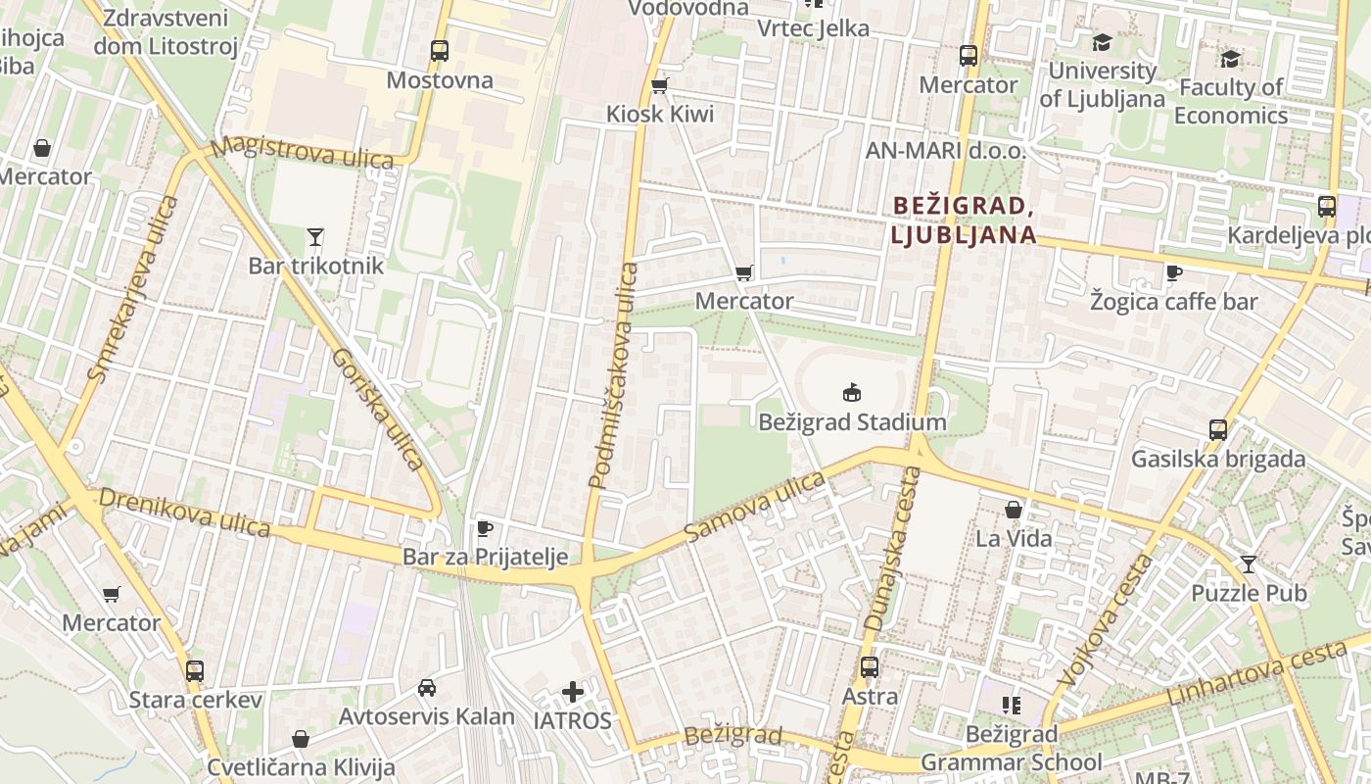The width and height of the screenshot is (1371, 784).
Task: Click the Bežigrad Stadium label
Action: tap(852, 422)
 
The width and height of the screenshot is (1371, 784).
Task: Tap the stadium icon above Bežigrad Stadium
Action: tap(852, 393)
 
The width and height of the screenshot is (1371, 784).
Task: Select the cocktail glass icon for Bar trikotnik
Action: tap(314, 236)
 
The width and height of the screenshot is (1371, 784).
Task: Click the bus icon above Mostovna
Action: tap(439, 50)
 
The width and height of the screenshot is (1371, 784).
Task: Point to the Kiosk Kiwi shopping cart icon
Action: tap(659, 86)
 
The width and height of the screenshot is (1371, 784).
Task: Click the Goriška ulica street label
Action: tap(377, 409)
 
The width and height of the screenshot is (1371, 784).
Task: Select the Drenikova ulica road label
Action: tap(184, 513)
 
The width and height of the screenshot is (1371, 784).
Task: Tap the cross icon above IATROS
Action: tap(573, 693)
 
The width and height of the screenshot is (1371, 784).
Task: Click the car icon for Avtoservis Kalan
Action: tap(426, 687)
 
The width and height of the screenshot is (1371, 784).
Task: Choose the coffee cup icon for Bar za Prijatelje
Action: tap(484, 529)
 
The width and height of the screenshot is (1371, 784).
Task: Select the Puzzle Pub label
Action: tap(1249, 593)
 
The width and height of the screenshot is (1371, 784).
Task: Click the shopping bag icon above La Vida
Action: tap(1014, 510)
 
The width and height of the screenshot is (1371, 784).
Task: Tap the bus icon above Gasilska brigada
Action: tap(1218, 429)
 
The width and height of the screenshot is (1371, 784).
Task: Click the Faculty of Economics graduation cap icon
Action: tap(1230, 59)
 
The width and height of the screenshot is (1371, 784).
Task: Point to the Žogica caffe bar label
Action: tap(1173, 301)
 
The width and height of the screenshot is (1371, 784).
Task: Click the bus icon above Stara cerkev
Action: tap(195, 671)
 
